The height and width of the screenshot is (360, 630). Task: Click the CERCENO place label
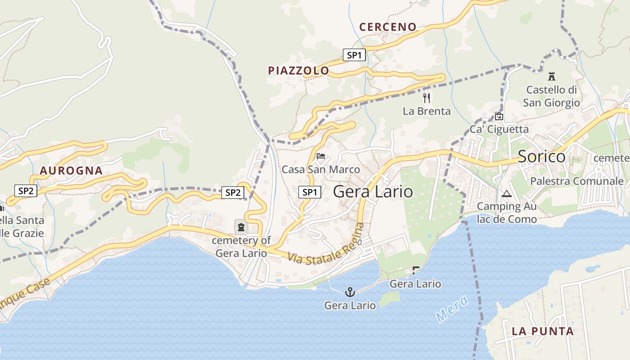click(x=387, y=27)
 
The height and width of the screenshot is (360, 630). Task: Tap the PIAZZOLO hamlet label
click(x=298, y=71)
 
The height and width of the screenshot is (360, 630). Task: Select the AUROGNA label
click(x=71, y=171)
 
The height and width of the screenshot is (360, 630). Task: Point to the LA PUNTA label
click(x=542, y=332)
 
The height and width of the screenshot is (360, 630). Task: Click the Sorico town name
click(x=541, y=157)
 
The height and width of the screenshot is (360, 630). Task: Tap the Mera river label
click(x=452, y=309)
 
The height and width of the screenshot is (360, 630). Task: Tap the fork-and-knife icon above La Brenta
click(x=427, y=98)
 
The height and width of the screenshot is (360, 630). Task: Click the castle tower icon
click(x=552, y=76)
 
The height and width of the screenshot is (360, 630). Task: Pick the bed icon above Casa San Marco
click(x=321, y=156)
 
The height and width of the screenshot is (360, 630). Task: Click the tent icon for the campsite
click(x=507, y=194)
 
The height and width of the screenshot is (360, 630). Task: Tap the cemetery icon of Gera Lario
click(x=242, y=227)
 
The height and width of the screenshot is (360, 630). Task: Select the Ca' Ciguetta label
click(x=499, y=130)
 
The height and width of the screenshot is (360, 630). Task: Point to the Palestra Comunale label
click(x=577, y=181)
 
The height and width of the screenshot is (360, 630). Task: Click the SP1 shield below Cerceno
click(x=354, y=55)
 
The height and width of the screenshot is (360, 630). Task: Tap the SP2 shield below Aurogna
click(x=26, y=191)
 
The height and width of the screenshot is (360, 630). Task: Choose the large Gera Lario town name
click(x=373, y=192)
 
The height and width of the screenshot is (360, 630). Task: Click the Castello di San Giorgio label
click(x=551, y=96)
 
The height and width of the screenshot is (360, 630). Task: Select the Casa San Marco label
click(x=320, y=170)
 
